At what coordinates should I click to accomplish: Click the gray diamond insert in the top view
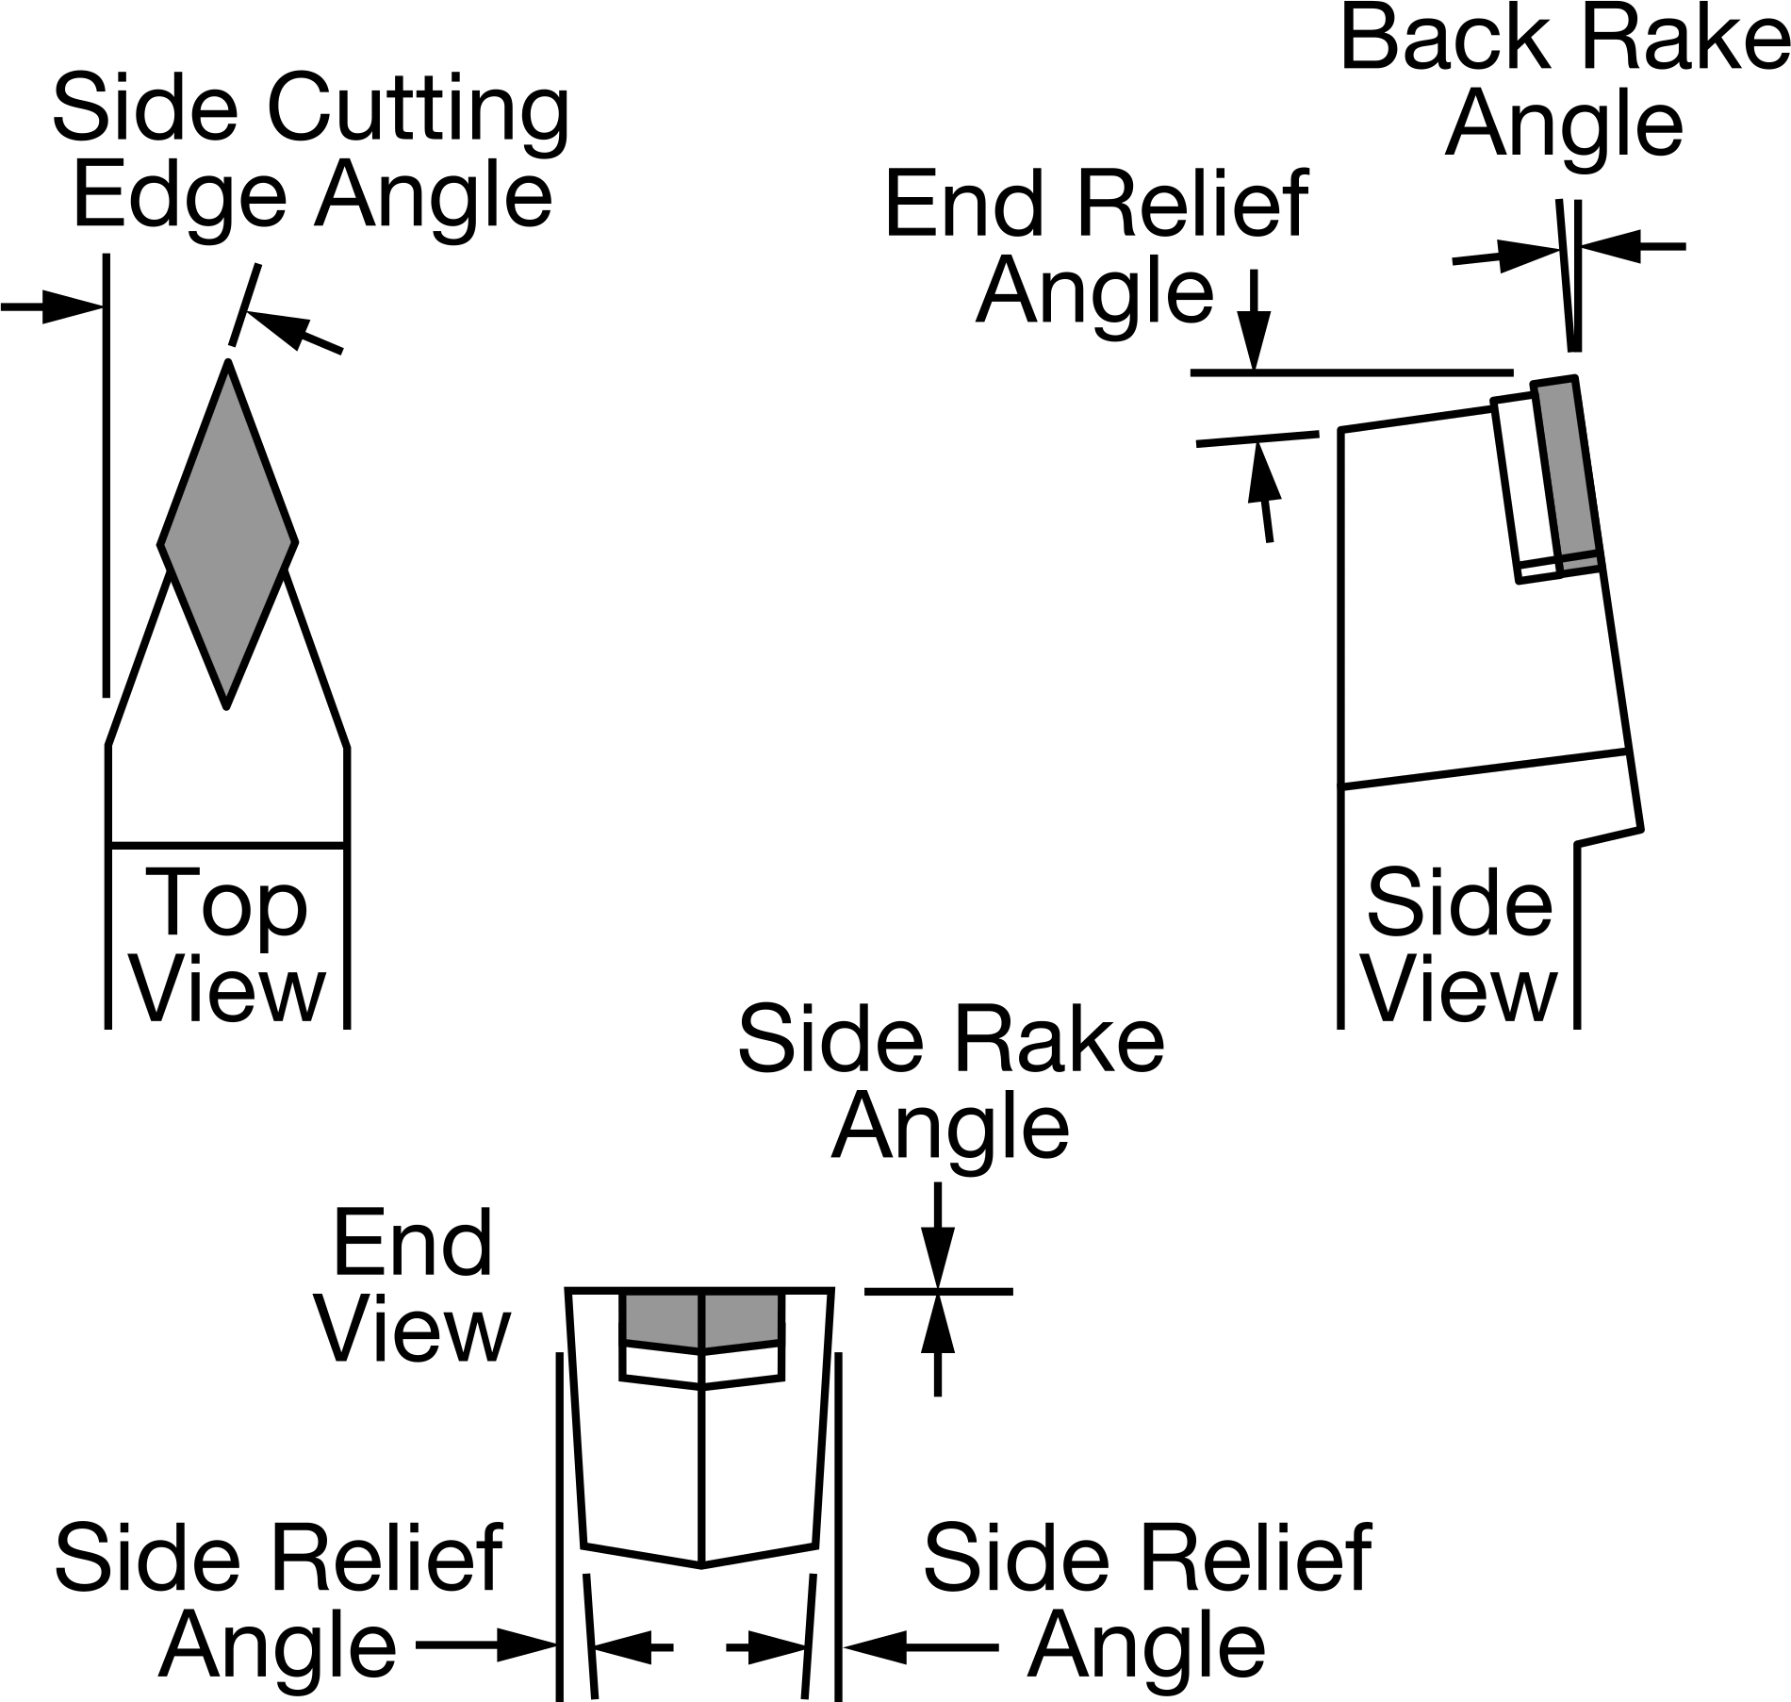228,535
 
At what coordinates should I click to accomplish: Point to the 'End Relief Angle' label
1095,247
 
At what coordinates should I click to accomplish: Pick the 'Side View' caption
1459,946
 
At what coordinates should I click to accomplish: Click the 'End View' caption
413,1285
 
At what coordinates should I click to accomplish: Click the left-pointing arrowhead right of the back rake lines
1610,247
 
